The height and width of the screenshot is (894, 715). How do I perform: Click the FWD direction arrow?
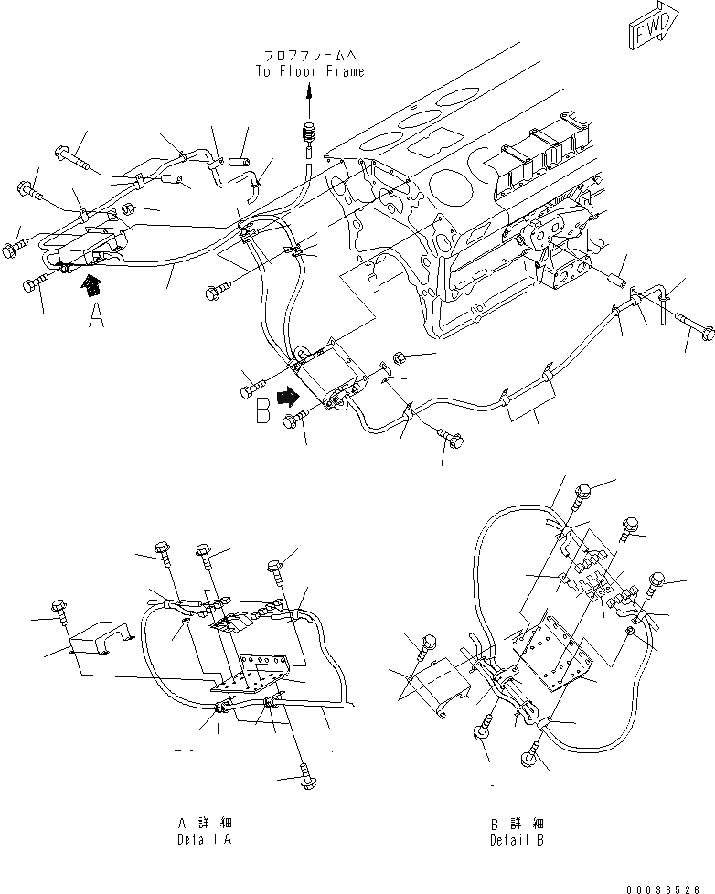click(x=653, y=27)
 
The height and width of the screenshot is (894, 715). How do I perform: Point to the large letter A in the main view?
click(x=97, y=317)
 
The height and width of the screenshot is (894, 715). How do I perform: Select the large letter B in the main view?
click(x=263, y=411)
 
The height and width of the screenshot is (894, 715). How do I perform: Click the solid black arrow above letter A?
click(x=91, y=285)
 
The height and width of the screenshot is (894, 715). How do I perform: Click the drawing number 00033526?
click(x=669, y=888)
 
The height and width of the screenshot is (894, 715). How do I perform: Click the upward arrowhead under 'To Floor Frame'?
click(x=309, y=90)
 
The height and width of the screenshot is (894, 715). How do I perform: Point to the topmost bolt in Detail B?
click(x=582, y=495)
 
